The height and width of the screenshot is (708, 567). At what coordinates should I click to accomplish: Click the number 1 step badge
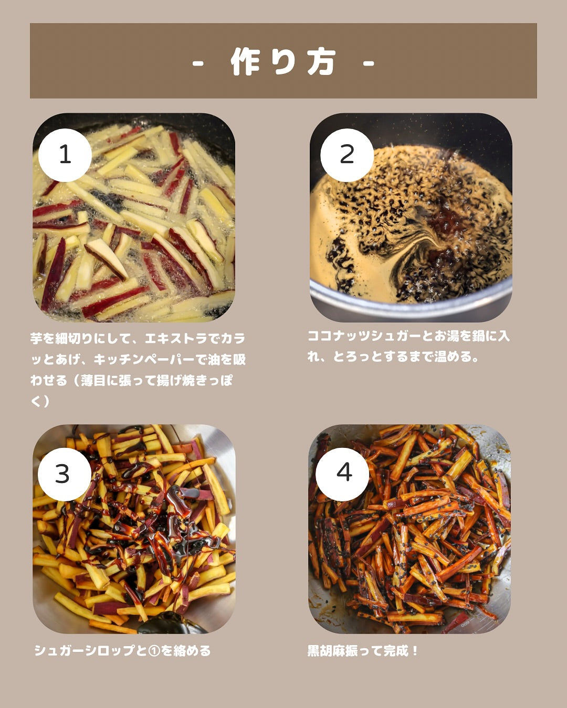click(65, 155)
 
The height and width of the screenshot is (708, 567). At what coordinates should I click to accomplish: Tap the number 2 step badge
click(347, 155)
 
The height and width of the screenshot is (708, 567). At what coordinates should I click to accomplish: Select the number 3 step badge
click(65, 474)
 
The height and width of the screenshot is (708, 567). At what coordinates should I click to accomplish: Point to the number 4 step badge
click(343, 474)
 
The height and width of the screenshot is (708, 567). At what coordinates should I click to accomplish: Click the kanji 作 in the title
click(246, 62)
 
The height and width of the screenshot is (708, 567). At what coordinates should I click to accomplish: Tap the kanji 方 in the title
click(321, 62)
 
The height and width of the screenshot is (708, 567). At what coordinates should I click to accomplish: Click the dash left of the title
click(198, 63)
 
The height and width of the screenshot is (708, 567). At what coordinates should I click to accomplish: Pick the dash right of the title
click(369, 63)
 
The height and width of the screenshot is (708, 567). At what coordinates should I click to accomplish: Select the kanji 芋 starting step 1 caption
click(36, 339)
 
